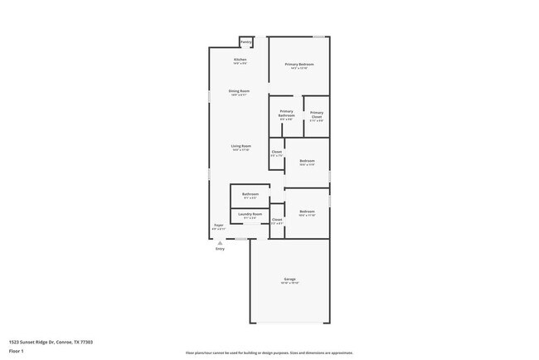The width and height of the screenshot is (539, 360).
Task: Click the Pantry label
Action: [x=245, y=41]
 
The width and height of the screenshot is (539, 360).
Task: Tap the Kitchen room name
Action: [x=240, y=60]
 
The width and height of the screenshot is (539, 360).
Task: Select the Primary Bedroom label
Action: [x=299, y=64]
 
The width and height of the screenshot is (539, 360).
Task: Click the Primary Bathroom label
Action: [x=286, y=114]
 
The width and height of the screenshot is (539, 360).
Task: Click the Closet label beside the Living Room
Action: [x=277, y=152]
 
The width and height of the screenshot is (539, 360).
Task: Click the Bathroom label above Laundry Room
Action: [x=250, y=194]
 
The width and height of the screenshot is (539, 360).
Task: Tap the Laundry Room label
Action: [x=250, y=214]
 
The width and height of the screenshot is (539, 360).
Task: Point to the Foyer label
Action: [x=219, y=225]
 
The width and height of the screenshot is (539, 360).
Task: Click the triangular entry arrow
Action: [x=220, y=242]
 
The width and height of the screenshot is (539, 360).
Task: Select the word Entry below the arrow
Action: [x=220, y=249]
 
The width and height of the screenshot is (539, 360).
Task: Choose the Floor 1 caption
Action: [x=17, y=351]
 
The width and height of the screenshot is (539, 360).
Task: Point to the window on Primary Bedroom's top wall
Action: [x=319, y=36]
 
